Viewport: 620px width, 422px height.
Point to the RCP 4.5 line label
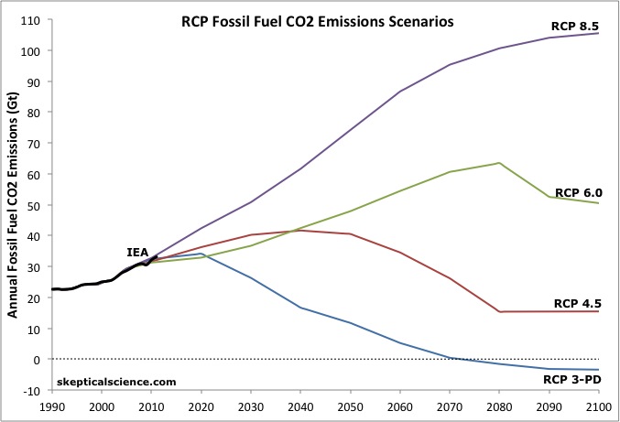coord(576,302)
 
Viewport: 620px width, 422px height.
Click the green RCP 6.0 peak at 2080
coord(499,163)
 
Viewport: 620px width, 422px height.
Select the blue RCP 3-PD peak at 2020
coord(201,254)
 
